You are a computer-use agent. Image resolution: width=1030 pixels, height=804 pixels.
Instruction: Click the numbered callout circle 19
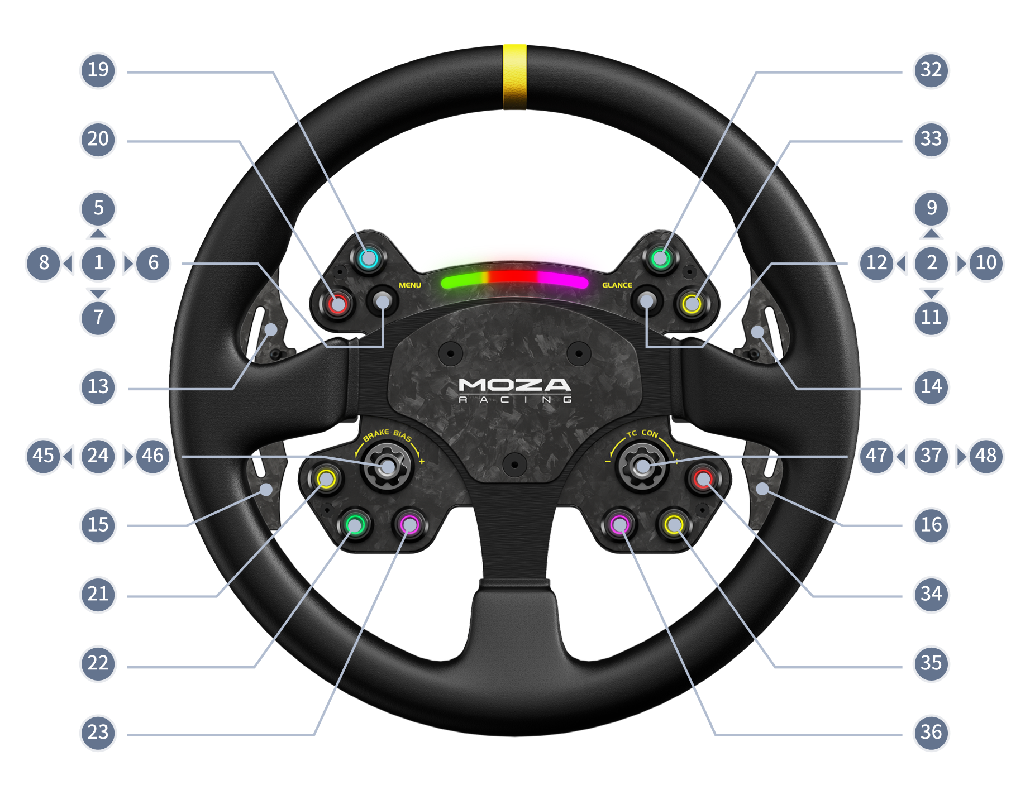click(98, 70)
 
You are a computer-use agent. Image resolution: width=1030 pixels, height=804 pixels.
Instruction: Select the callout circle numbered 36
click(931, 733)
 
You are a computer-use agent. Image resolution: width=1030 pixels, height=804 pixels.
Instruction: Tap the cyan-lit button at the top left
click(368, 259)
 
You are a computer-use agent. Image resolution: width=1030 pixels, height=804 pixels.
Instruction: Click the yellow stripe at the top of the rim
click(514, 76)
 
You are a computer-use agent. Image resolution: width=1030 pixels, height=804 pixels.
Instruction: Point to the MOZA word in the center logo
click(514, 385)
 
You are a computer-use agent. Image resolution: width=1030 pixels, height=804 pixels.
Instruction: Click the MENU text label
click(410, 285)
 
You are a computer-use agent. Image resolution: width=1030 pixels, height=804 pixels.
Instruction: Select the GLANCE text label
click(617, 285)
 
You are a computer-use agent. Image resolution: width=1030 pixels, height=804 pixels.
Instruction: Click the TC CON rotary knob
click(643, 466)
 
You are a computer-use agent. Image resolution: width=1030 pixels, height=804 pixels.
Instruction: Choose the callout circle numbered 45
click(42, 456)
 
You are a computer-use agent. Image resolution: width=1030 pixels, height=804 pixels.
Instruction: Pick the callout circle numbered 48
click(986, 456)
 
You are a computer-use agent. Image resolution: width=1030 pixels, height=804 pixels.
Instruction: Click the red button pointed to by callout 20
click(337, 304)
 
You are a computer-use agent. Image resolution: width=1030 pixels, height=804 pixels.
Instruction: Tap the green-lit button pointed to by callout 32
click(661, 259)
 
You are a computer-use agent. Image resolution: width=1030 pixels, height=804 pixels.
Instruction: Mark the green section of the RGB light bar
click(464, 282)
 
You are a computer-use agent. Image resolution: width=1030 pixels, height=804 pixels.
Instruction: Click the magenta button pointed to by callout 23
click(409, 524)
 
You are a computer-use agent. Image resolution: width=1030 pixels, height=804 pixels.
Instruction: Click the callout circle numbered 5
click(98, 208)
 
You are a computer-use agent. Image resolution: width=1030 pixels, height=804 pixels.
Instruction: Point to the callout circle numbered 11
click(931, 318)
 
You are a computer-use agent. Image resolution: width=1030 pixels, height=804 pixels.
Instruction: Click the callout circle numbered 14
click(931, 386)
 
